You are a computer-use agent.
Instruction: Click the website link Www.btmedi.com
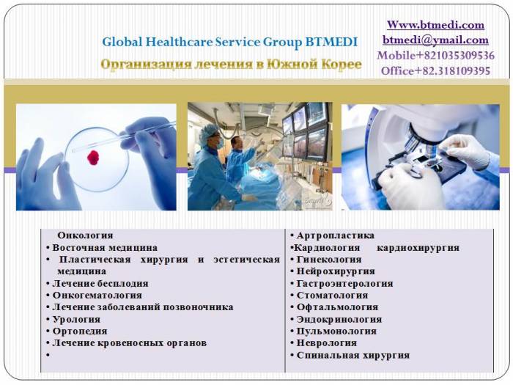(435, 25)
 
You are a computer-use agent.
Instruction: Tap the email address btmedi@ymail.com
(435, 40)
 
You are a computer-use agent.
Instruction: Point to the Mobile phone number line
(435, 56)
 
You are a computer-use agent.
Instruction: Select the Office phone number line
(435, 71)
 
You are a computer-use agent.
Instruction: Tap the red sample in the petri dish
(93, 156)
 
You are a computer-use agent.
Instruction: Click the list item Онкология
(85, 235)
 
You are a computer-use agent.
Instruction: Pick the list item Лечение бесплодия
(100, 283)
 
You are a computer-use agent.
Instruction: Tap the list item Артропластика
(336, 235)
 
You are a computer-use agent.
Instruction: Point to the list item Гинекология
(329, 260)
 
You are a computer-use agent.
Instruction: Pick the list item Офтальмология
(337, 307)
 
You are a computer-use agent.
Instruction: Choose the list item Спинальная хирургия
(353, 355)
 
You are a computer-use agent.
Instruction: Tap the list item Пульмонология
(336, 331)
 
